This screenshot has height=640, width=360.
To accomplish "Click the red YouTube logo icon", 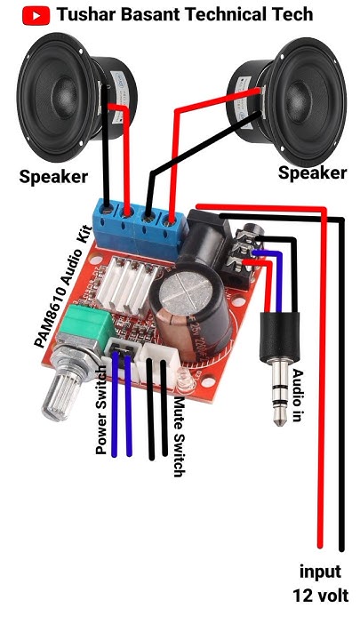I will pos(36,15).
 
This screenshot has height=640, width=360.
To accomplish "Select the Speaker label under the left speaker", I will pos(53,177).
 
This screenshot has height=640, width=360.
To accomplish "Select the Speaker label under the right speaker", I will pos(312,172).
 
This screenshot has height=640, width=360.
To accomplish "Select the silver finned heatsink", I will pos(130,284).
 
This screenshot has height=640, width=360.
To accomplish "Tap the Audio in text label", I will pos(298,396).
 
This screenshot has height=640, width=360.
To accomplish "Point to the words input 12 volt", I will pos(319,583).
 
